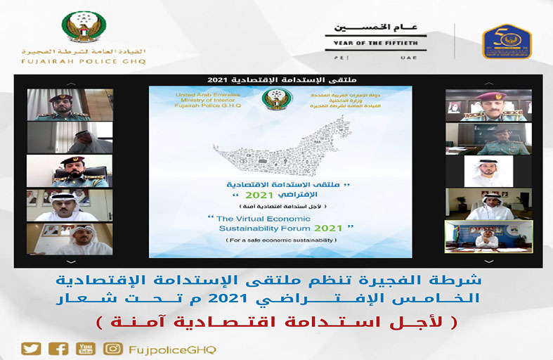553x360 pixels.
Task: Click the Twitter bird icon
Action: click(x=30, y=349)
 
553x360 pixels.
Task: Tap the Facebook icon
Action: click(x=58, y=349)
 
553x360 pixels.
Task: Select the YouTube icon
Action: click(x=86, y=349)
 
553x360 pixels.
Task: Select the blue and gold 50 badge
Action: click(x=507, y=40)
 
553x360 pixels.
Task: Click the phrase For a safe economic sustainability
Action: click(x=280, y=241)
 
